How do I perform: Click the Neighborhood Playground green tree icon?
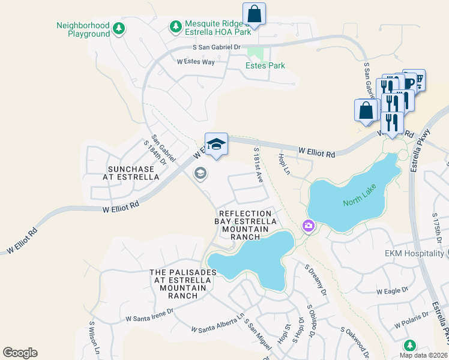[x=119, y=28]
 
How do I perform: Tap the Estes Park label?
[x=265, y=65]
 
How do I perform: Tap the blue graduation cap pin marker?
[x=216, y=145]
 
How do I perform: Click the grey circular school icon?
[x=200, y=173]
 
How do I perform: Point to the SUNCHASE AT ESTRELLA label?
[x=130, y=173]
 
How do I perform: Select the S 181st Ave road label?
[x=259, y=164]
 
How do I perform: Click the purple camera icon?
[x=307, y=226]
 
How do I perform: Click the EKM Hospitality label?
[x=414, y=253]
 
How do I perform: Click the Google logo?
[x=20, y=353]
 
